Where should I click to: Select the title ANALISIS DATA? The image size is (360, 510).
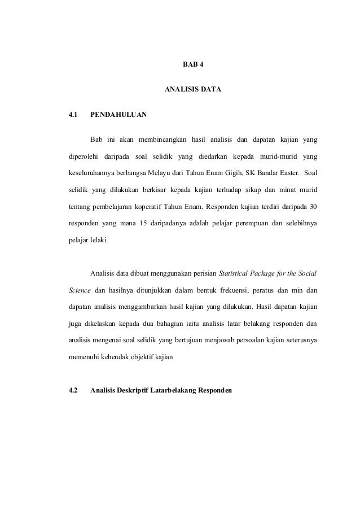pos(193,89)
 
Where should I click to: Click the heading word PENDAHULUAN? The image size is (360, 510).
pos(118,115)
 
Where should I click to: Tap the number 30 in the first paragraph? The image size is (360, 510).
pos(312,205)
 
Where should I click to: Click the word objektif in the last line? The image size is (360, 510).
pos(141,356)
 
